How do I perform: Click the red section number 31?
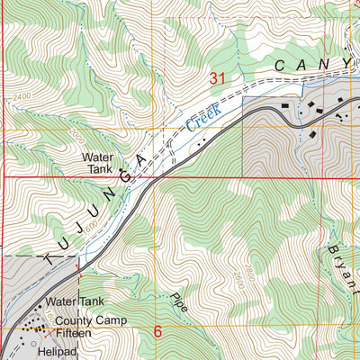point(217,79)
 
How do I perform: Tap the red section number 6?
point(157,332)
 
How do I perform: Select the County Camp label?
point(89,320)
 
